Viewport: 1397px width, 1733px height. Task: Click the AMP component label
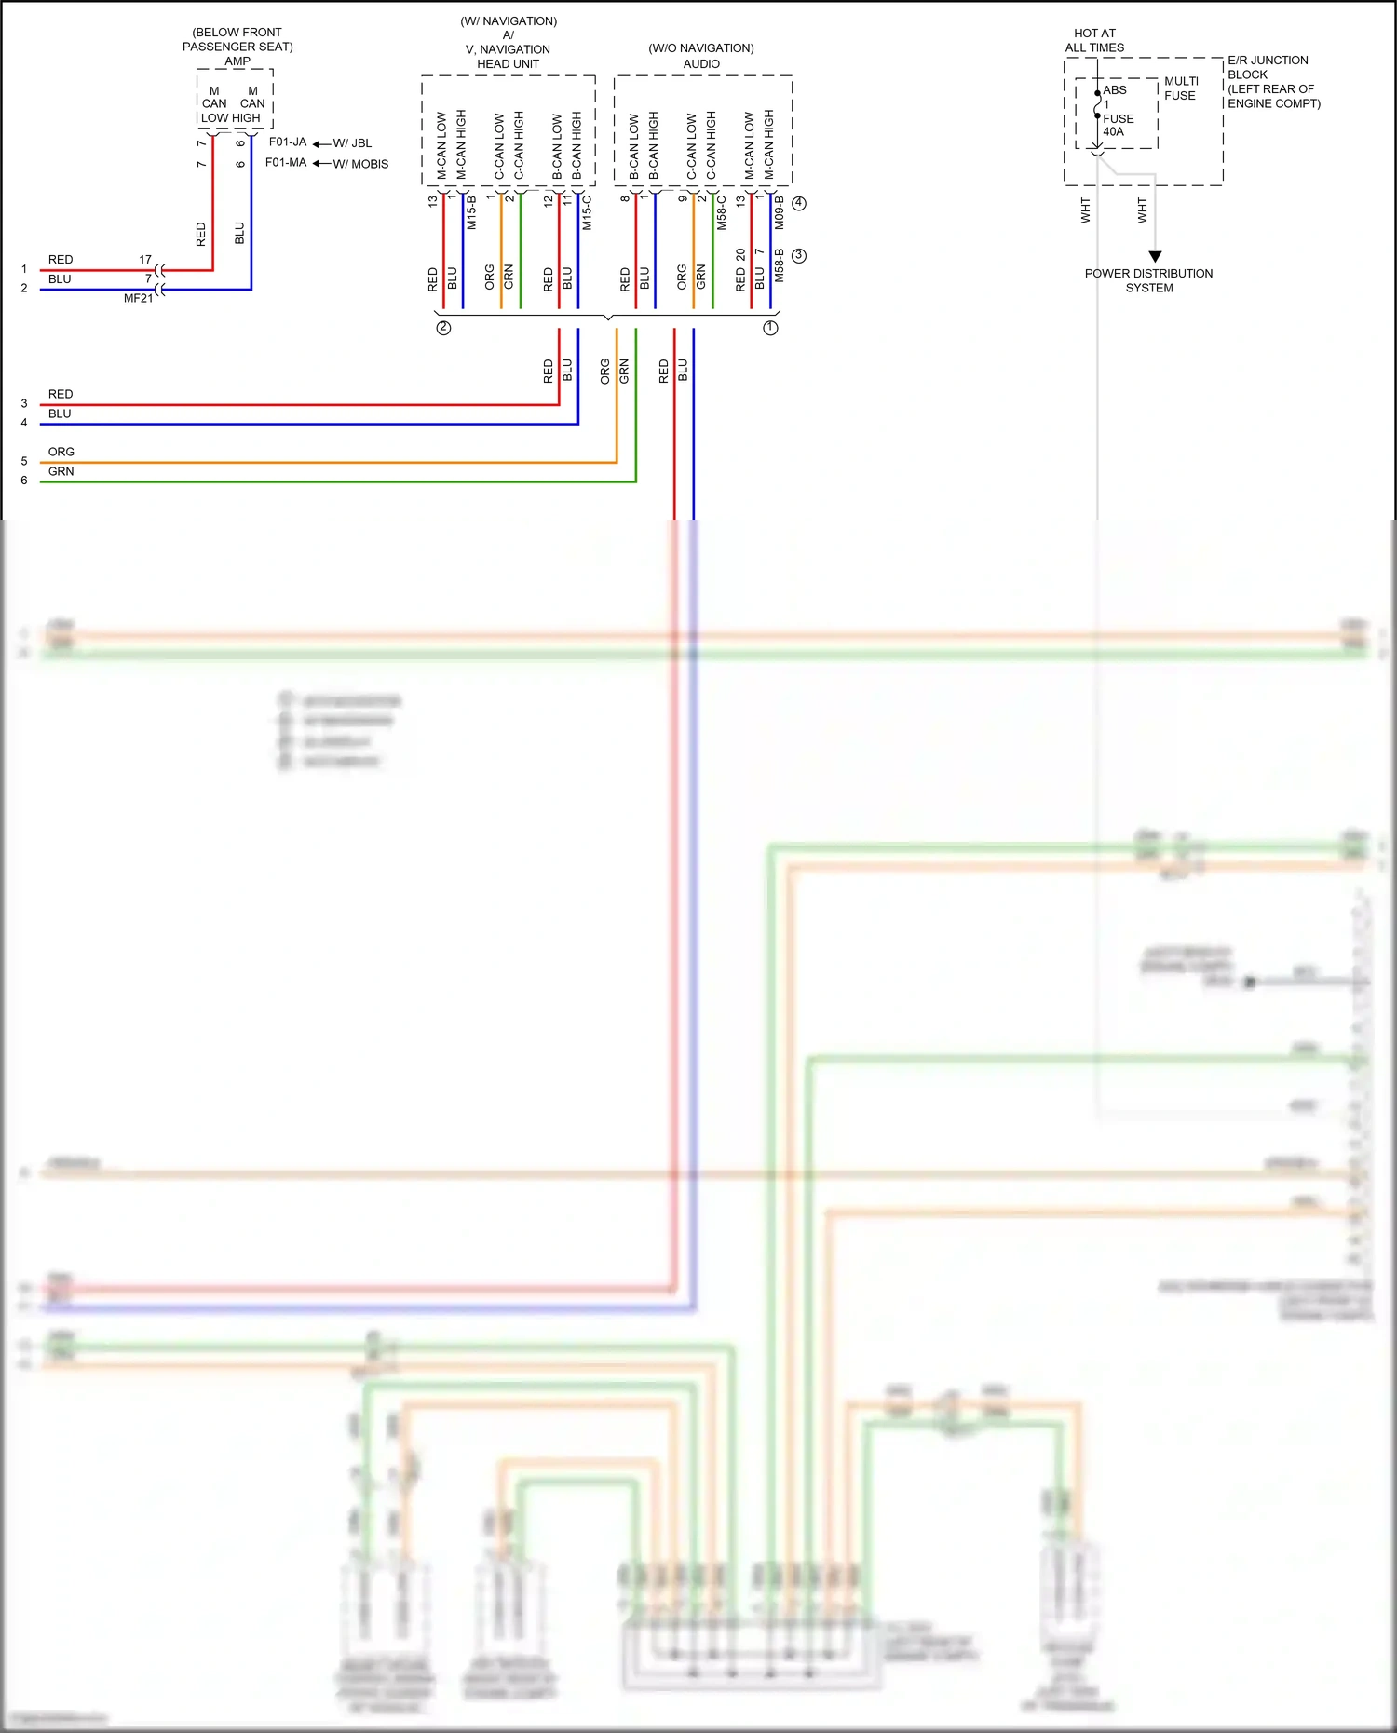[237, 61]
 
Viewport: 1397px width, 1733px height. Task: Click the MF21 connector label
[138, 299]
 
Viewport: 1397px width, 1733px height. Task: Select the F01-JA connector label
[287, 142]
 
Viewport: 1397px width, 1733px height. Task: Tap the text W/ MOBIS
[360, 164]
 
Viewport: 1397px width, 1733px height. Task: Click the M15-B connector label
[471, 213]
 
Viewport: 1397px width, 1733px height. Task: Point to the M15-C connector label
[587, 213]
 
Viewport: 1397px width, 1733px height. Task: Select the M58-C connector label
[722, 213]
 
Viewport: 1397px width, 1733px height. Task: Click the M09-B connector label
[780, 213]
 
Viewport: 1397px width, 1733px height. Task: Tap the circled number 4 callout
[799, 203]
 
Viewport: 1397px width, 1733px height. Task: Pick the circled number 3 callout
[799, 255]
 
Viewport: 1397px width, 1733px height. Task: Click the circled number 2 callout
[443, 328]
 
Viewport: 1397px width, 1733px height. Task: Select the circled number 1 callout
[770, 328]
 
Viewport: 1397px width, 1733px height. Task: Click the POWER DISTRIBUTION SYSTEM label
[1148, 280]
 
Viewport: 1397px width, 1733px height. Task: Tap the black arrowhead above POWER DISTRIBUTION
[1155, 256]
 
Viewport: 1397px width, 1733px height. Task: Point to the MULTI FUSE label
[1181, 88]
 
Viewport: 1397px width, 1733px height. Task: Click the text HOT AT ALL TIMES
[1094, 40]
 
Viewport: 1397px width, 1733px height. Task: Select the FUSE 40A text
[1118, 125]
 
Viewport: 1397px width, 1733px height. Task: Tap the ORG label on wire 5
[61, 452]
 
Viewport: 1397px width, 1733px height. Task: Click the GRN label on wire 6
[61, 471]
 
